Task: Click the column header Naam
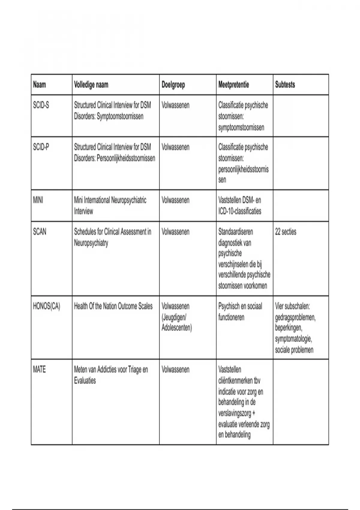coord(40,85)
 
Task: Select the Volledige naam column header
coord(91,85)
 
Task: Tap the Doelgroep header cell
coord(173,85)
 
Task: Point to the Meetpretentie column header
coord(234,85)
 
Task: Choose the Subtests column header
coord(285,85)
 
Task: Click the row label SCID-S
coord(41,105)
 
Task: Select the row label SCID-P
coord(41,147)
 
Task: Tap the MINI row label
coord(38,200)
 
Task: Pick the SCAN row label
coord(40,232)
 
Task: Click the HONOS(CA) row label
coord(46,306)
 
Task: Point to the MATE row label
coord(39,370)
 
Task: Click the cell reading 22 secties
coord(286,232)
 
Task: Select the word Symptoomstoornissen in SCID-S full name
coord(120,116)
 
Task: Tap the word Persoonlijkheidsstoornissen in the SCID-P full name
coord(126,158)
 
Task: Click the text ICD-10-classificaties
coord(240,211)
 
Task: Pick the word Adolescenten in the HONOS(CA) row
coord(177,328)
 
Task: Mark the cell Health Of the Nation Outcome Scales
coord(113,306)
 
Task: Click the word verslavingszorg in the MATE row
coord(235,413)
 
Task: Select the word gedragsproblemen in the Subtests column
coord(295,317)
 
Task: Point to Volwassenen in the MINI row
coord(175,200)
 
